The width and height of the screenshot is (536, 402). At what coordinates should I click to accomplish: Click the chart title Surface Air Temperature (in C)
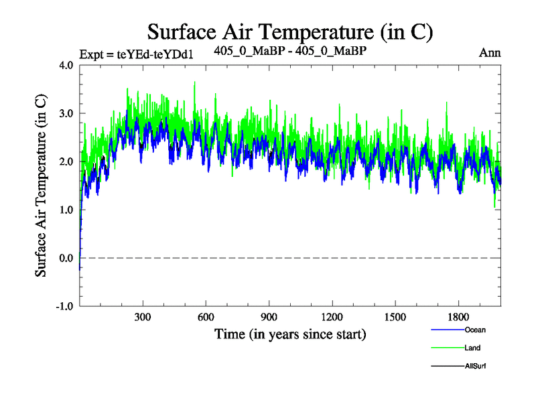(x=290, y=31)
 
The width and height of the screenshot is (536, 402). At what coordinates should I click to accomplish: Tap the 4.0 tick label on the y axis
(x=66, y=65)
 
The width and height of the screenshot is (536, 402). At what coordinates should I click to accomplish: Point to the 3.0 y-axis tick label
(x=66, y=113)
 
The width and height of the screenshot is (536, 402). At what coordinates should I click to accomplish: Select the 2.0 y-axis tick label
(x=66, y=161)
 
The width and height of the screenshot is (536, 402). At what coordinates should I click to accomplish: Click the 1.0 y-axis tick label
(x=66, y=210)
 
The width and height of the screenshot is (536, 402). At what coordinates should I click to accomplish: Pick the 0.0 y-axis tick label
(x=66, y=258)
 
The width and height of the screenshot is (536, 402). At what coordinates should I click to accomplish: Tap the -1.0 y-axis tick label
(x=65, y=306)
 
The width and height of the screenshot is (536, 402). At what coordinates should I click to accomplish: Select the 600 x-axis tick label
(x=206, y=316)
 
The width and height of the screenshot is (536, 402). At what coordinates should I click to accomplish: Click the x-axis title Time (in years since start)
(x=290, y=333)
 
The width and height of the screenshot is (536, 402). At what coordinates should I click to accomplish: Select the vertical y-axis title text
(x=41, y=186)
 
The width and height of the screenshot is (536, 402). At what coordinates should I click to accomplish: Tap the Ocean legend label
(x=474, y=330)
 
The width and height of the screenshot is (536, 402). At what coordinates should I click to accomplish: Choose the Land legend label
(x=472, y=348)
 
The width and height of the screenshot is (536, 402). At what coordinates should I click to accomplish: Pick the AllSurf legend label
(x=475, y=366)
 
